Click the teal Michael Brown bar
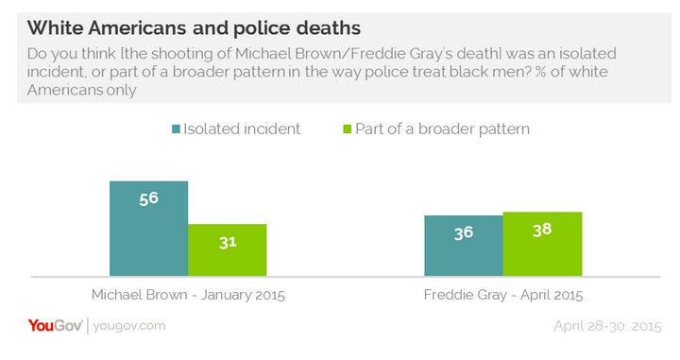point(148,228)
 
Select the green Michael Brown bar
point(227,249)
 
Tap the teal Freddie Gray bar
point(463,246)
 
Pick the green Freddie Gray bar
point(541,244)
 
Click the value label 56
point(148,199)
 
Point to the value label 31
point(227,242)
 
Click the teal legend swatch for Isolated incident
point(178,129)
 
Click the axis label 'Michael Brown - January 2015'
point(188,294)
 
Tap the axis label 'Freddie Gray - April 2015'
point(501,294)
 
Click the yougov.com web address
point(129,326)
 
